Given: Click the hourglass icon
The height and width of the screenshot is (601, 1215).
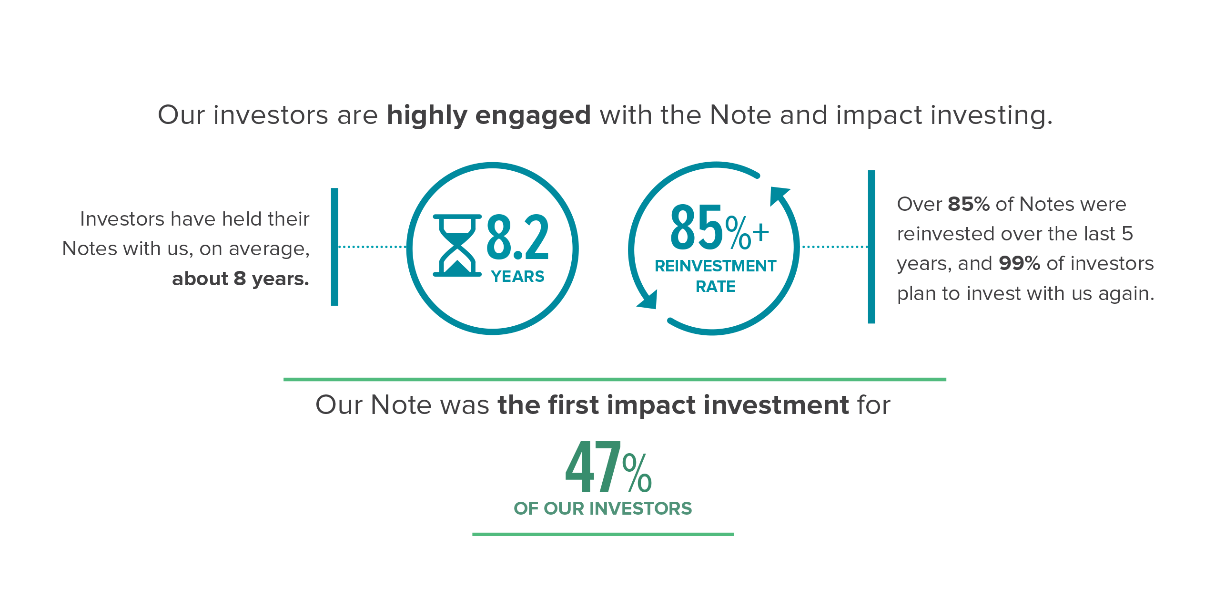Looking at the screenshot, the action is point(457,246).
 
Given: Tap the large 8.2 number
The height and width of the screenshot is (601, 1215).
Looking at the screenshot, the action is point(517,237).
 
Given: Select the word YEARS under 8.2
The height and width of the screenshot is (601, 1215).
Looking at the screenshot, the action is point(517,277).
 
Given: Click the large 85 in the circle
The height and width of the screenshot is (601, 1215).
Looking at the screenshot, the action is point(697,227).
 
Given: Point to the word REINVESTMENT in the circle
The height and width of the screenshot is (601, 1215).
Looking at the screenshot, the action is point(715,266).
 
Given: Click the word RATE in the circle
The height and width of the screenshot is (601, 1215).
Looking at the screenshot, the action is point(715,286).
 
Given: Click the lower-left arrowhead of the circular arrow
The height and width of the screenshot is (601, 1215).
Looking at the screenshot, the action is point(648,300).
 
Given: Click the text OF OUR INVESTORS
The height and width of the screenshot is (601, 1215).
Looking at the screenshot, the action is point(603,508).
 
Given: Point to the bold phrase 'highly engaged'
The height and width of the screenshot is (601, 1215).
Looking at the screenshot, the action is point(489,116).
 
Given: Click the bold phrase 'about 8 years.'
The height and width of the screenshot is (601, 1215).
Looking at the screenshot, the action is point(241,279).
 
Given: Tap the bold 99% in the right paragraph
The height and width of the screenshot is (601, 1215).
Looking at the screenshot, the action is point(1019,263).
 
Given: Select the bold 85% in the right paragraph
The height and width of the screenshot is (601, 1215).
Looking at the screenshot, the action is point(969,204).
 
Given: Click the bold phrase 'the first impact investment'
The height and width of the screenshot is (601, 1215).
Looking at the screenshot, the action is point(673,405).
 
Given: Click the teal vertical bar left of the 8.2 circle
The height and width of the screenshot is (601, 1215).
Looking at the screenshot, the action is point(334,247).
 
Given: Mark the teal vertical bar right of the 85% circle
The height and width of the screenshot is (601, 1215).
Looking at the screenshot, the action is point(871,247).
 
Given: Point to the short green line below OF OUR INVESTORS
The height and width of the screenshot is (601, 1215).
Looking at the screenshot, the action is point(603,534).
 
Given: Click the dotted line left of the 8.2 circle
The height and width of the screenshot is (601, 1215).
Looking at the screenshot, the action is point(372,247).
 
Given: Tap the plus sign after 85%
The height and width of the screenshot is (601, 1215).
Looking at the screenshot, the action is point(760,233).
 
